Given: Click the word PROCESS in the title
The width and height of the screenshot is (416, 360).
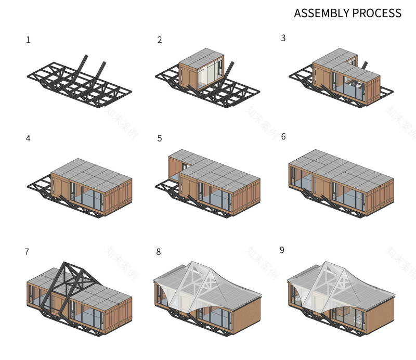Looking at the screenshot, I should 375,13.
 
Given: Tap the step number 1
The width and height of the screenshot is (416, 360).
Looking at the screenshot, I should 28,40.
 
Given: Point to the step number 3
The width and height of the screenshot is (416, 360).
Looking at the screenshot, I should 283,38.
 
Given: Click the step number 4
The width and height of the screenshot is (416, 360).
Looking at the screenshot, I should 28,138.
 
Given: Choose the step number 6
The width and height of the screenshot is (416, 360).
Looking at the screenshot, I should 283,137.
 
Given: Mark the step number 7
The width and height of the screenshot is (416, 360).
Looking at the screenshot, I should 27,252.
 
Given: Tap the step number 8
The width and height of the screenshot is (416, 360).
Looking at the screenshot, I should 159,252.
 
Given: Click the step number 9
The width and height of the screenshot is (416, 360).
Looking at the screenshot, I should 282,250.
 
